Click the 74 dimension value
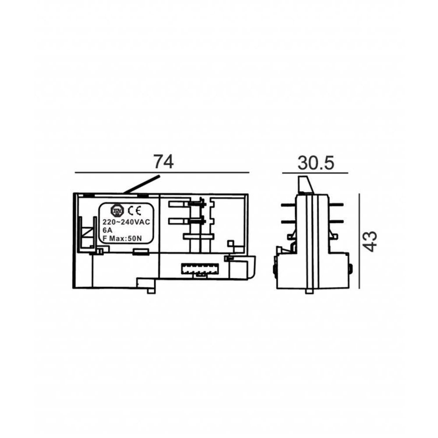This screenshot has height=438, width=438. (x=164, y=162)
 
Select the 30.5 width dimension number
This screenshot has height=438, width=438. (x=316, y=163)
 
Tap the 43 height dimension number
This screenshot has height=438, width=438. (x=371, y=241)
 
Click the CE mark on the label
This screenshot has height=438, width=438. (x=134, y=211)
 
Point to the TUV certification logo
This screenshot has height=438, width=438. (x=117, y=211)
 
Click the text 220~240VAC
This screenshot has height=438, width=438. (x=126, y=223)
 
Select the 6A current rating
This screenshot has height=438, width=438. (x=107, y=230)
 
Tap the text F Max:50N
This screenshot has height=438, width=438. (x=122, y=239)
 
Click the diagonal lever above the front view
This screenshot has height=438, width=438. (x=141, y=184)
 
